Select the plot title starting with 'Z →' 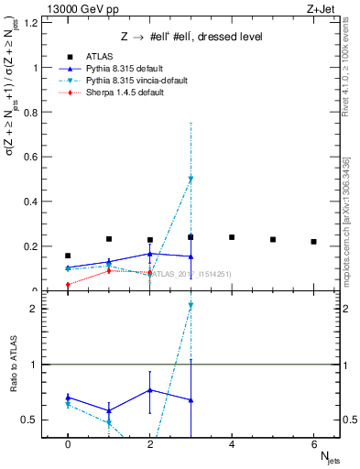click(x=191, y=37)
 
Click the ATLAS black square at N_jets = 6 click(x=313, y=242)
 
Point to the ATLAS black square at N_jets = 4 click(x=232, y=237)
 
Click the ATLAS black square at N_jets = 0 click(x=68, y=256)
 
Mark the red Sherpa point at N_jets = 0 click(x=68, y=284)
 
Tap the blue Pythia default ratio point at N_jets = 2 click(x=149, y=390)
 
